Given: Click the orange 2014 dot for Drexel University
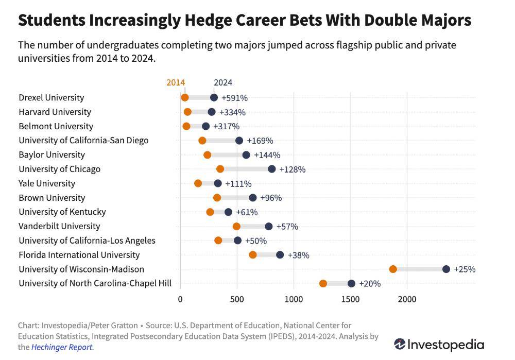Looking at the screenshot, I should click(185, 97).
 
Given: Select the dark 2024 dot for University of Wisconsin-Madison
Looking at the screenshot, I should click(446, 269).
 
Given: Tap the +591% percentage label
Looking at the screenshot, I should click(234, 98).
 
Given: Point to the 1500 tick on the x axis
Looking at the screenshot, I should click(351, 299).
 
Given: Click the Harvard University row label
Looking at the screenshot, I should click(55, 112).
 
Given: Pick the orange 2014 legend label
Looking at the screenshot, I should click(176, 82).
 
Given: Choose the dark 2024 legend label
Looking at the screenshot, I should click(223, 82).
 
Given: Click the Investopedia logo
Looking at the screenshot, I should click(439, 344).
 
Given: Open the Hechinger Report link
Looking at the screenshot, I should click(62, 347).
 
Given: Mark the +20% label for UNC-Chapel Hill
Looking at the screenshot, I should click(369, 284).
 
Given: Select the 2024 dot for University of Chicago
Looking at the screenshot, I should click(271, 169).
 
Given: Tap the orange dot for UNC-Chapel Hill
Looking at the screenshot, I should click(323, 283).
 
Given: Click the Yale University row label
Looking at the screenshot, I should click(47, 183).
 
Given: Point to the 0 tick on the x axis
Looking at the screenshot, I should click(180, 299).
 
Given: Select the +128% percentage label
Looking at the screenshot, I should click(292, 169).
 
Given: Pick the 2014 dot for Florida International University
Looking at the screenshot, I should click(253, 254).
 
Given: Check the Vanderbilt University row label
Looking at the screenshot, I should click(59, 226).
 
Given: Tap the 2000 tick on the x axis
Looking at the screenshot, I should click(407, 299).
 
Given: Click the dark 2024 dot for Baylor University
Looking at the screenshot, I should click(246, 155).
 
